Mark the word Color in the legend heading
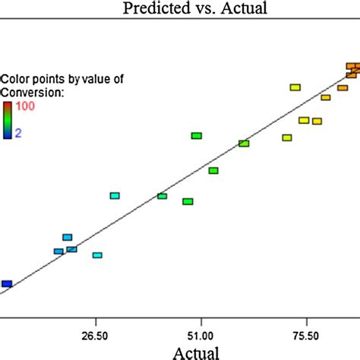15,79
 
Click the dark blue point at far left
7,284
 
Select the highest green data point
196,136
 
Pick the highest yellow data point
295,87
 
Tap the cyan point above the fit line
115,196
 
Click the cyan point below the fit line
97,255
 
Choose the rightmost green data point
244,144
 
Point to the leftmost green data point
162,196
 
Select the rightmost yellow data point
317,122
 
